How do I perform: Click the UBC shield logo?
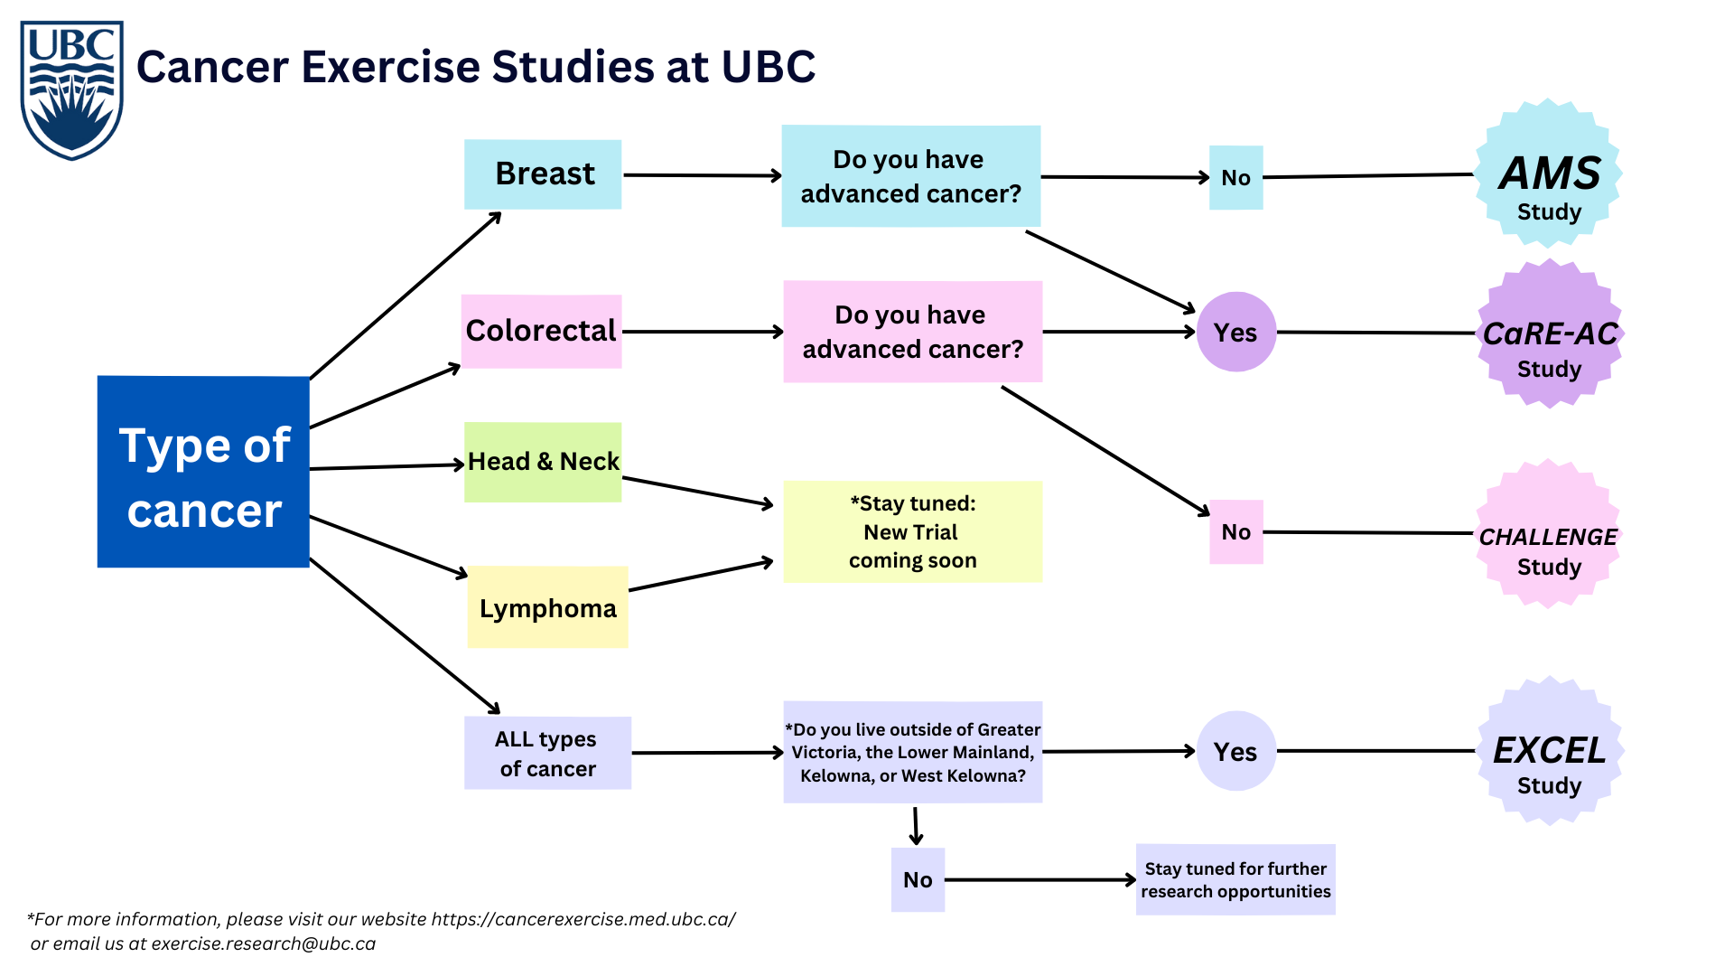pos(71,90)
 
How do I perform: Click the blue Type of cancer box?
pos(203,472)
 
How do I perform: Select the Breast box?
pos(543,174)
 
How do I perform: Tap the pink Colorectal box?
pos(541,331)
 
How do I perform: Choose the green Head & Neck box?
pos(543,462)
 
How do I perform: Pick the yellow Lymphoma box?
pos(547,607)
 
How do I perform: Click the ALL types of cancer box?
pos(547,753)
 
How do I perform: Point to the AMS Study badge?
pos(1549,174)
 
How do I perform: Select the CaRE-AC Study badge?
pos(1550,334)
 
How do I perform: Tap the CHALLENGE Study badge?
pos(1549,535)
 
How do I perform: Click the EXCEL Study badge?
pos(1550,752)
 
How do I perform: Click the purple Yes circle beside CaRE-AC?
pos(1235,332)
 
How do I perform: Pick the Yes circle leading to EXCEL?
pos(1235,751)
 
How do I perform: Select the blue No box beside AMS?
pos(1235,178)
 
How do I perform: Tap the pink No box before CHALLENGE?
pos(1235,531)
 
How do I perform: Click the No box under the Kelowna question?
pos(918,879)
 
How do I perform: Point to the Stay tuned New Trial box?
pos(912,531)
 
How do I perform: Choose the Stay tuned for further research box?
pos(1235,879)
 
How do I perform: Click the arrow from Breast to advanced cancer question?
pos(702,175)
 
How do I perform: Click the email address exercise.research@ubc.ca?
pos(263,943)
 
